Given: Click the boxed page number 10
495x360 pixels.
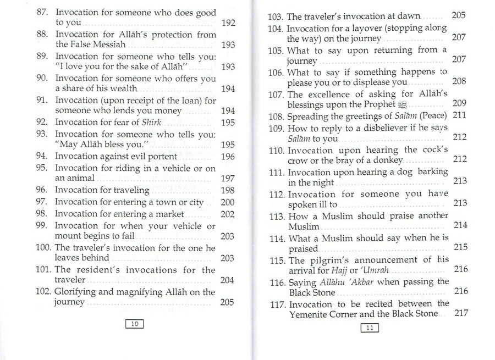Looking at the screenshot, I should [x=135, y=324].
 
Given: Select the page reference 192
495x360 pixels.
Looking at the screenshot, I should [x=228, y=23].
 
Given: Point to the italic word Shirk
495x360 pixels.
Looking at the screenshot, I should [x=151, y=122].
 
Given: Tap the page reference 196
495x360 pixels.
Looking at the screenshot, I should [x=228, y=157].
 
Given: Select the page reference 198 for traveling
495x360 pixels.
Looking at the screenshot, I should [x=228, y=190].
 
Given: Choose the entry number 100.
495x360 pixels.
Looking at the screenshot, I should [x=43, y=247].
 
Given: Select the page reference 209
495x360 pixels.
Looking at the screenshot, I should [x=459, y=103].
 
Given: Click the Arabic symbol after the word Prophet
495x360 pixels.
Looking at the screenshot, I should [x=404, y=104].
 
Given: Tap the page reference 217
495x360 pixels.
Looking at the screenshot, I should [x=461, y=313].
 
